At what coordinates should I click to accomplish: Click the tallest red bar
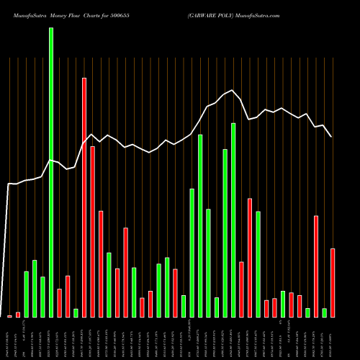point(84,197)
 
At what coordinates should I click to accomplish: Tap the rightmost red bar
point(333,282)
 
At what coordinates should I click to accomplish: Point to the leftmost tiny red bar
point(9,315)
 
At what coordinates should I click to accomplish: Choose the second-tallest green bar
point(233,220)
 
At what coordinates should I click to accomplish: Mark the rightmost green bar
point(324,312)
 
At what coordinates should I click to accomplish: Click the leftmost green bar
point(26,294)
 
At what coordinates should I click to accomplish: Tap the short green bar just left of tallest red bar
point(76,312)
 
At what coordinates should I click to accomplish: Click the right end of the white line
point(331,137)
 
